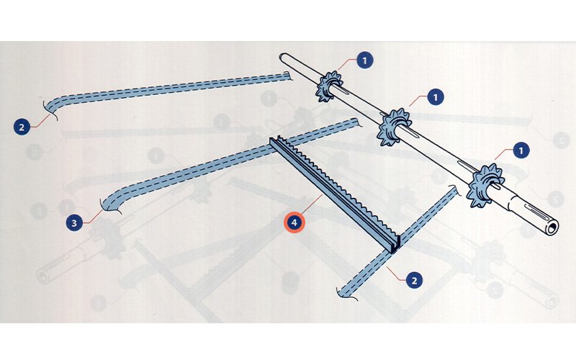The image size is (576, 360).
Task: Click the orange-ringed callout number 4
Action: pos(294,222)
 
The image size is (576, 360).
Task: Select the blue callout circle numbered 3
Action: pos(75,223)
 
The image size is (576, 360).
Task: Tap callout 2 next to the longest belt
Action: pos(22,127)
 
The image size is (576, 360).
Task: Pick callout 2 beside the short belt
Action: pos(415,280)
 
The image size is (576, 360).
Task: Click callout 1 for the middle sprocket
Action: pos(436,97)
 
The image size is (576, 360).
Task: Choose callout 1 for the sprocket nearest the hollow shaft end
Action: pos(521,150)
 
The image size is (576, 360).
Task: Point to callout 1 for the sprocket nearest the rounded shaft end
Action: pos(364,60)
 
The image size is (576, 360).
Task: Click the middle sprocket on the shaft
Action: pos(395,127)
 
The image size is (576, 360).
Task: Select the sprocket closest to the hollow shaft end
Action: pos(485,186)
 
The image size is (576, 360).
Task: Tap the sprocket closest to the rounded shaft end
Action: pos(329,86)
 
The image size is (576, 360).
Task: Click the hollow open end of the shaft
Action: pos(552,227)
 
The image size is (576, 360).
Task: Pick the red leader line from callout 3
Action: pos(93,217)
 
